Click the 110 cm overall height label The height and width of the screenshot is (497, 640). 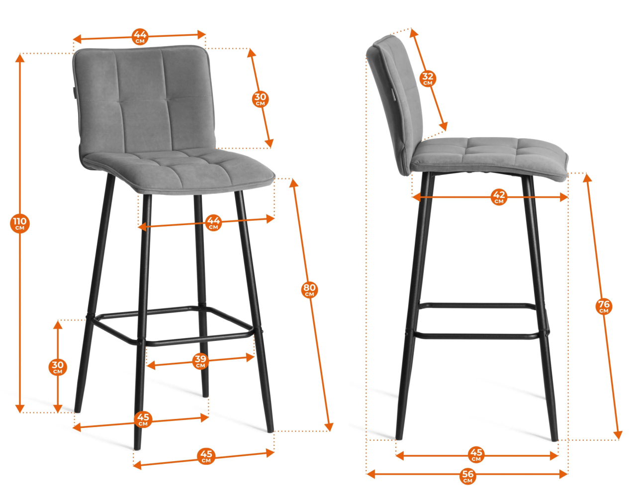(x=20, y=223)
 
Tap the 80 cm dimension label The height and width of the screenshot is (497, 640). (x=309, y=290)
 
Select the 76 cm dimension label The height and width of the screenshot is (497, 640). (x=604, y=307)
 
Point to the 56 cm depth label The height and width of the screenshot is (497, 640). (x=468, y=477)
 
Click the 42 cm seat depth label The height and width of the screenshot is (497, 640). (x=499, y=197)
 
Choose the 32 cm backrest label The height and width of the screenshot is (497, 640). (x=428, y=79)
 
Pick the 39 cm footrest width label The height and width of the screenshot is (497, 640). (x=200, y=361)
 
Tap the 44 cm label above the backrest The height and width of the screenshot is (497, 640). (x=140, y=36)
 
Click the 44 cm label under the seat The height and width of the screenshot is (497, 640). (x=213, y=222)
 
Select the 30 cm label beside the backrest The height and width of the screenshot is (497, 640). (x=261, y=99)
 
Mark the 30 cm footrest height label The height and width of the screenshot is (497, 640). (x=58, y=367)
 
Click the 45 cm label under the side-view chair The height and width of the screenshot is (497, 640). (x=476, y=455)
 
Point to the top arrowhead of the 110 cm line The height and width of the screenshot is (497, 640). (x=20, y=58)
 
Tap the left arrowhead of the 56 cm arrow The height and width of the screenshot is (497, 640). (x=370, y=474)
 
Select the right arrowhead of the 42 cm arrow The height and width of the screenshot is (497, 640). (x=563, y=197)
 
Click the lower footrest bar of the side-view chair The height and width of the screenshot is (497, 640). (x=477, y=336)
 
